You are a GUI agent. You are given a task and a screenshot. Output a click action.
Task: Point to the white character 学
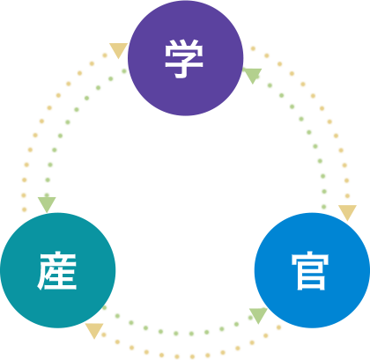click(185, 58)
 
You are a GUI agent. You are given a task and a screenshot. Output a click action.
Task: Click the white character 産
click(58, 271)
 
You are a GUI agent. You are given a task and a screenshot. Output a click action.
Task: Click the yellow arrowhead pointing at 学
click(118, 50)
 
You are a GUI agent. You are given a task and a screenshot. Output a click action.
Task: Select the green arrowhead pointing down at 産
click(47, 204)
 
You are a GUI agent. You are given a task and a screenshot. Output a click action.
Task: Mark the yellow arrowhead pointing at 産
click(93, 331)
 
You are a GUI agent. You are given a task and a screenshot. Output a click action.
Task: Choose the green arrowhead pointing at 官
click(258, 315)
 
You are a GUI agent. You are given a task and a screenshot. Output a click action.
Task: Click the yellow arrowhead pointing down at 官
click(347, 212)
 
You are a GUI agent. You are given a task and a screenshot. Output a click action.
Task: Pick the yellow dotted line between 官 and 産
click(185, 356)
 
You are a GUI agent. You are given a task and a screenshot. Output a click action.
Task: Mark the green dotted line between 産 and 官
click(176, 334)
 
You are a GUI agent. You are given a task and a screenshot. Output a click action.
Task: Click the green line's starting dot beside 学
click(124, 71)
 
